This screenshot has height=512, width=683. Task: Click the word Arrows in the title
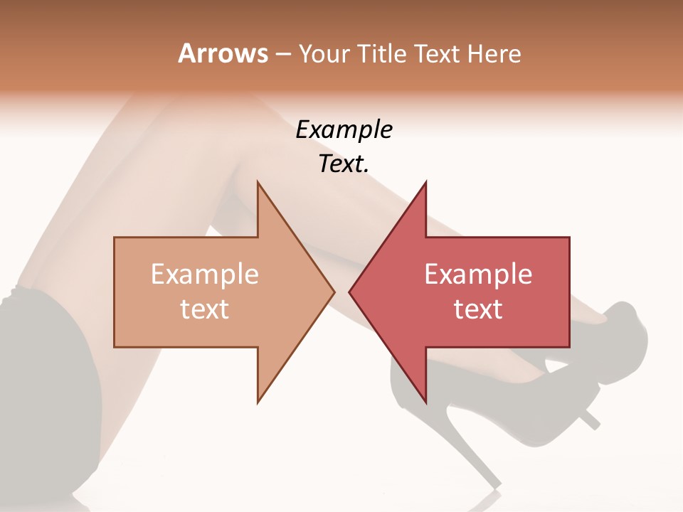pos(222,53)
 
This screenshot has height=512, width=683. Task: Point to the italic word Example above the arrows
pos(344,130)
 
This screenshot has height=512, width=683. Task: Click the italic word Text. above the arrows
pos(344,164)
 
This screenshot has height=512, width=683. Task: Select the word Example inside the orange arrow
pos(205,274)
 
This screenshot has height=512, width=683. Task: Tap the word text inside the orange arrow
pos(205,309)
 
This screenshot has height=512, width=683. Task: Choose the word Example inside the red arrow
pos(478,274)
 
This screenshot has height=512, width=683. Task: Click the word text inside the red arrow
pos(478,309)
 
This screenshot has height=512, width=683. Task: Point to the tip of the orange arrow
pos(333,292)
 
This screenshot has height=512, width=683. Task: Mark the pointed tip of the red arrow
pos(350,292)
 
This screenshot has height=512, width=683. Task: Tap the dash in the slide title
pos(282,54)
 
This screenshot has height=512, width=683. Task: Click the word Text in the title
pos(438,53)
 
